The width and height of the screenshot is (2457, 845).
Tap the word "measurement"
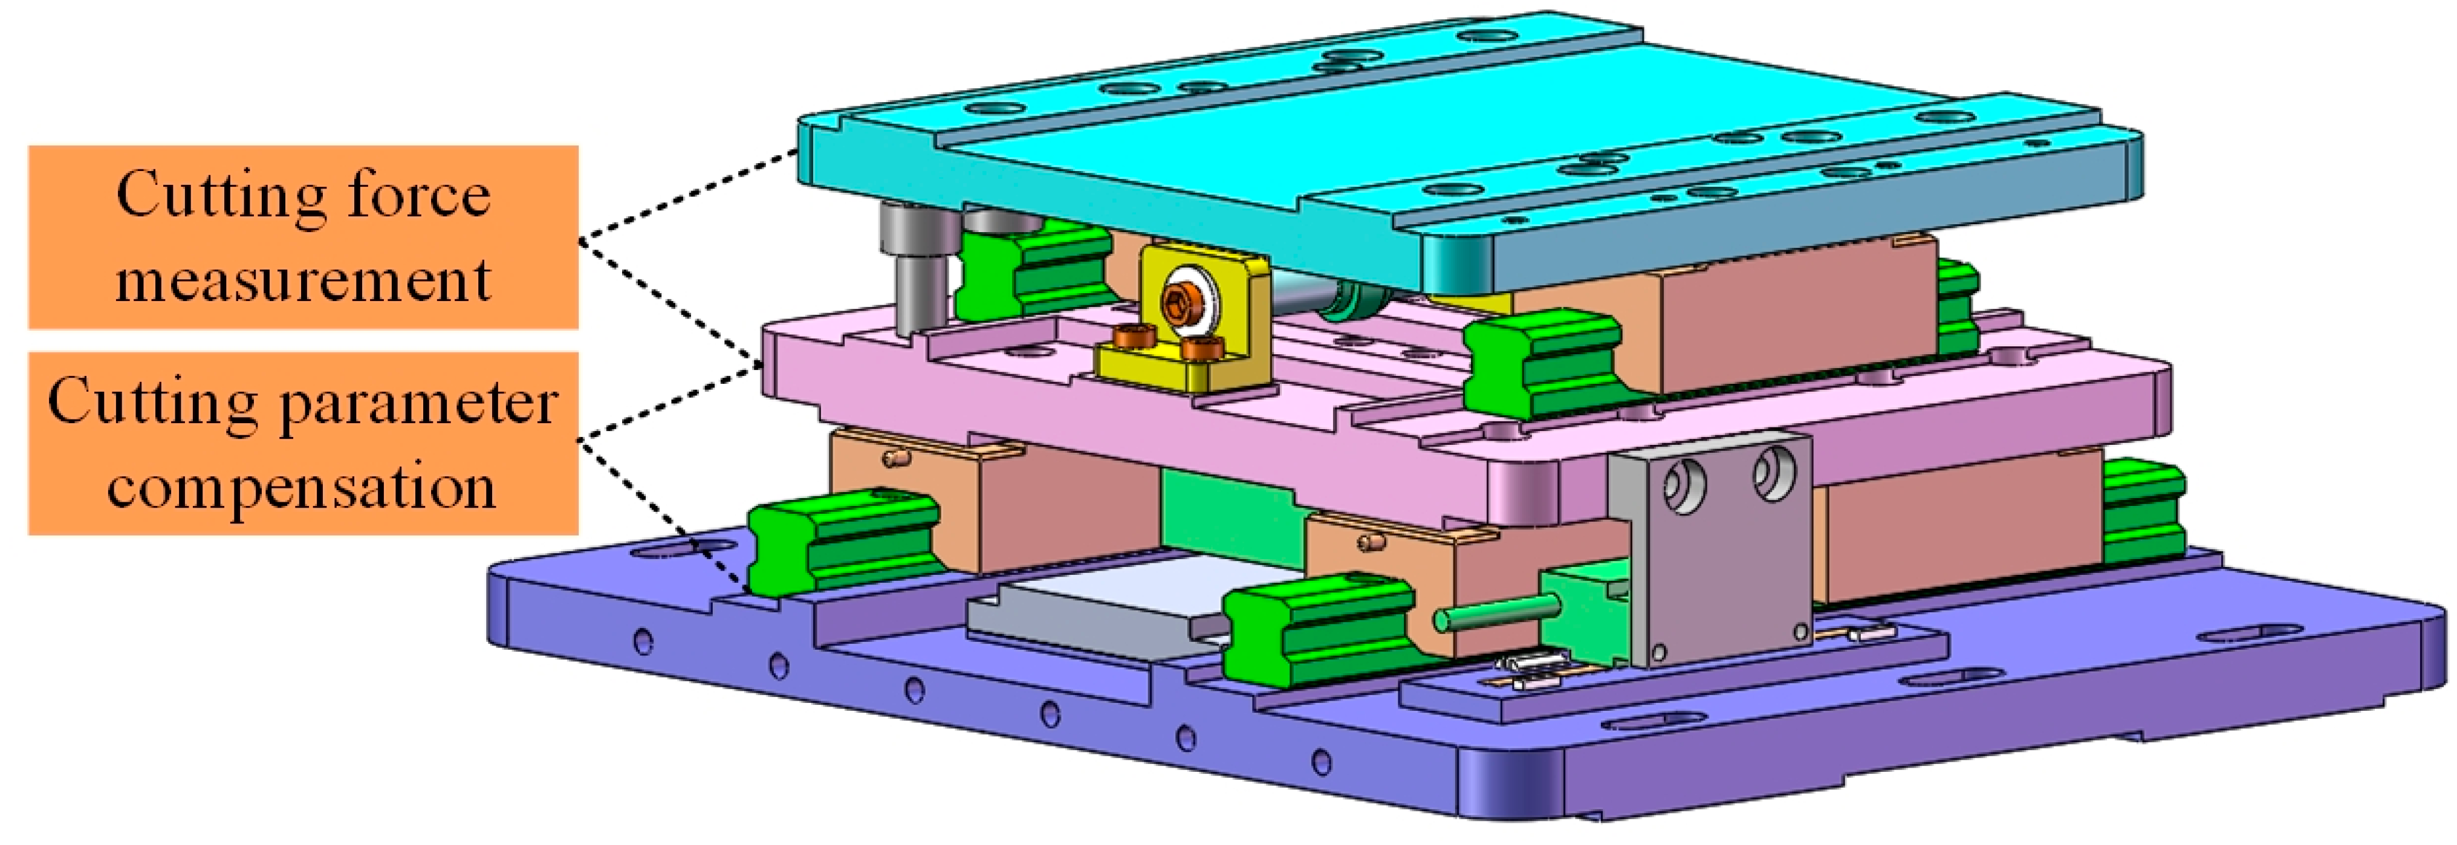pyautogui.click(x=303, y=281)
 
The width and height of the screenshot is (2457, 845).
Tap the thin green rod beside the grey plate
pyautogui.click(x=1498, y=610)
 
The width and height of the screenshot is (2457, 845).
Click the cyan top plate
pyautogui.click(x=1469, y=152)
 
